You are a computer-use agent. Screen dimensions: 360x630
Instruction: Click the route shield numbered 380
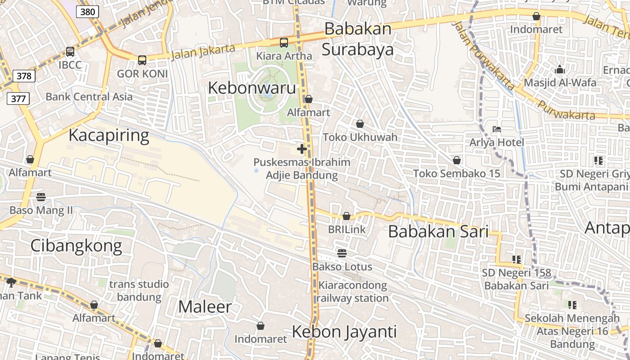[87, 12]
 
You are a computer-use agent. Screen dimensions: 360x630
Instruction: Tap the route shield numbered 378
[24, 76]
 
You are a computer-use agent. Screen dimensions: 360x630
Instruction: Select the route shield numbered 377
[18, 98]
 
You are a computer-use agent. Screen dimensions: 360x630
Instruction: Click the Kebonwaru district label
[252, 88]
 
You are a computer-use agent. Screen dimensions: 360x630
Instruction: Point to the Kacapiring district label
[108, 135]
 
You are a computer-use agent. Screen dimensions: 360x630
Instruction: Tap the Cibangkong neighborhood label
[76, 246]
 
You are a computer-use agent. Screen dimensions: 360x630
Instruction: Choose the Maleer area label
[205, 307]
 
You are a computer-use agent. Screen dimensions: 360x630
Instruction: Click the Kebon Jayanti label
[344, 332]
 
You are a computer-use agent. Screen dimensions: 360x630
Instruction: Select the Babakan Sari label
[438, 232]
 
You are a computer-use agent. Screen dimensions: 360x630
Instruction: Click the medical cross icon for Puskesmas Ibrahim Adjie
[302, 149]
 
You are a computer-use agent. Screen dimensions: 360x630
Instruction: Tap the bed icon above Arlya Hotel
[497, 129]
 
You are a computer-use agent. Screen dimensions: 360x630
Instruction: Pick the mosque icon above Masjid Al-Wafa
[560, 70]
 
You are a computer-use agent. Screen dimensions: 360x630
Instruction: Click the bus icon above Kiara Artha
[283, 43]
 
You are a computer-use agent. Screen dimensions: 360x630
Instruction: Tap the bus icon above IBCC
[70, 52]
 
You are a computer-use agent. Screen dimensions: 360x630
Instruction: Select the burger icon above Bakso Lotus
[342, 253]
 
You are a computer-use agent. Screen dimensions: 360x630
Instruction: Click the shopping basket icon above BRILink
[346, 216]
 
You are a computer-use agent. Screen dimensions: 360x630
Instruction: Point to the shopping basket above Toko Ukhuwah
[360, 124]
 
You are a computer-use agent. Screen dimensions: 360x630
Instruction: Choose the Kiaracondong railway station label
[353, 292]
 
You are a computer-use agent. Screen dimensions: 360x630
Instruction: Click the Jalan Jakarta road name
[203, 51]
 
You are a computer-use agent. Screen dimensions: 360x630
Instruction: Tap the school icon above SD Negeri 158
[516, 260]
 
